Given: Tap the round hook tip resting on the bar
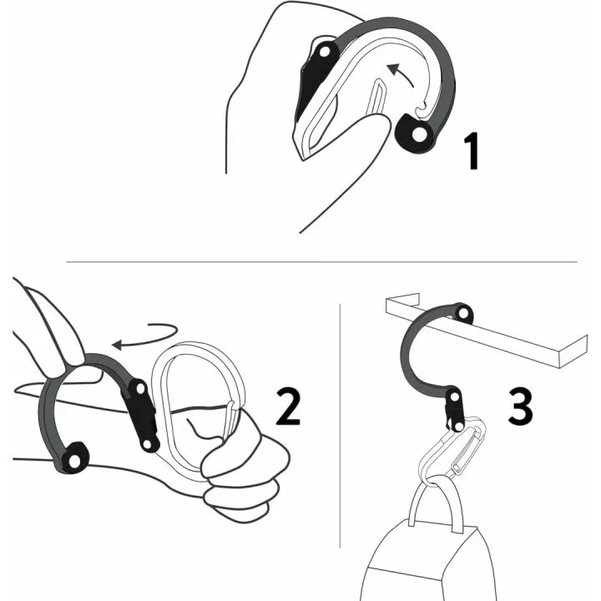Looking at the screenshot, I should click(x=462, y=315).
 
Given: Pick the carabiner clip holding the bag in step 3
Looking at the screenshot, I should click(x=453, y=455).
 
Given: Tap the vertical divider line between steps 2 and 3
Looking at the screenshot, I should click(x=341, y=434).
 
